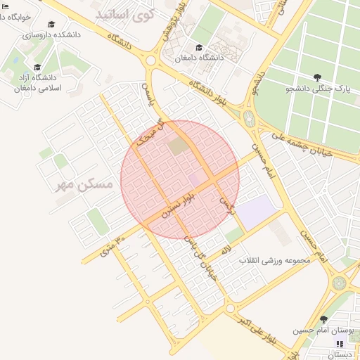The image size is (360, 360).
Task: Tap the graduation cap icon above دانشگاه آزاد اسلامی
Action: click(37, 67)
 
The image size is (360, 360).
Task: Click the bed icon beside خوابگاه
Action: click(6, 6)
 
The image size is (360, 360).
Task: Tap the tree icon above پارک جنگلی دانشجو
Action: click(319, 77)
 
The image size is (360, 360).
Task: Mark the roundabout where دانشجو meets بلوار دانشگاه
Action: click(249, 116)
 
